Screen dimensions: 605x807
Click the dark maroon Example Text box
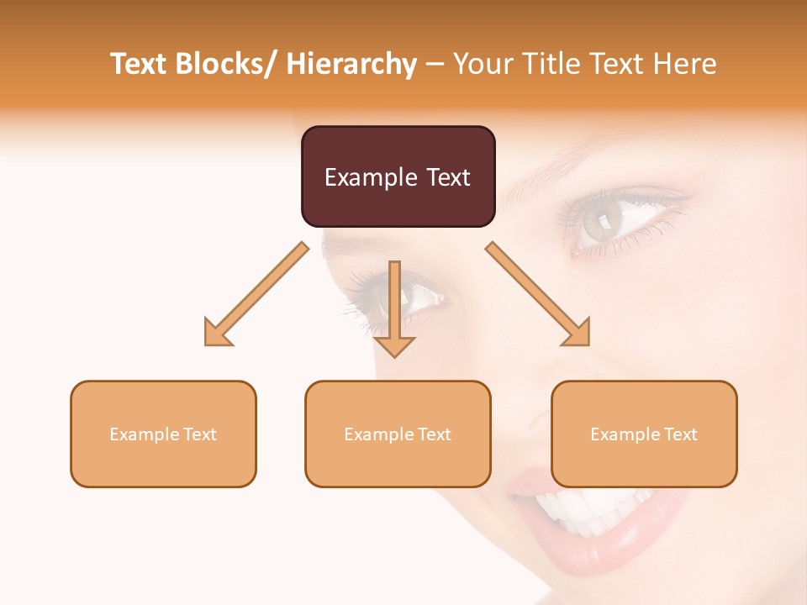pos(398,176)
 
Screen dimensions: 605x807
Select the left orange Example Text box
pos(163,434)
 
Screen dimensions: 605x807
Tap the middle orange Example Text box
pos(398,434)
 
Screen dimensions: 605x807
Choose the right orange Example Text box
pos(644,434)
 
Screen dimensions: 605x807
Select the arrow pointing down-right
pos(539,295)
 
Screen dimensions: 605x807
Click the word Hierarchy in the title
pos(351,64)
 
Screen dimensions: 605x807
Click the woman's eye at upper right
pos(607,220)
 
